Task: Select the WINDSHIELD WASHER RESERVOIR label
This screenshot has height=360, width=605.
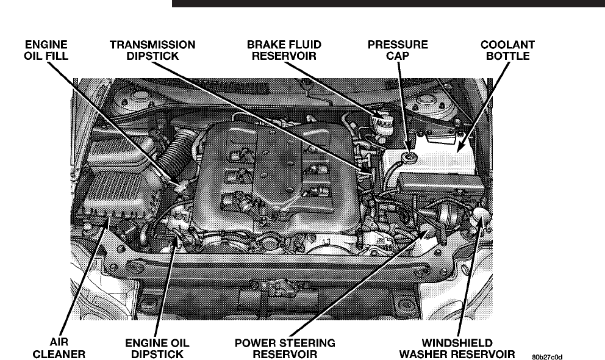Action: click(457, 348)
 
